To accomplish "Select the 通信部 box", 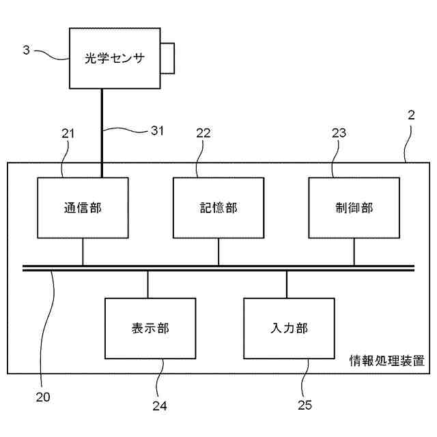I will click(x=83, y=208).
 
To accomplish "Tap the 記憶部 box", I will click(x=218, y=208).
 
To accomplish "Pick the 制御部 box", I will click(x=354, y=208).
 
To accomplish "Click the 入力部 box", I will click(x=289, y=328).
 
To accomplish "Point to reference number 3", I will click(x=26, y=50).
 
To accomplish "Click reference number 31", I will click(x=157, y=130).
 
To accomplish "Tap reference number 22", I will click(x=203, y=135).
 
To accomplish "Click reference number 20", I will click(x=42, y=396).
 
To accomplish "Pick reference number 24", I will click(x=159, y=406).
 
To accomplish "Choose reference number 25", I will click(x=305, y=405).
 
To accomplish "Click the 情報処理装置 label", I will click(x=386, y=360).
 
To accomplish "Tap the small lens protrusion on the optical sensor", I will click(x=167, y=57).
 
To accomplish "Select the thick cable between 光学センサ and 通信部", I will click(x=102, y=133).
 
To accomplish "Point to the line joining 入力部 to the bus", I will click(x=287, y=284).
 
